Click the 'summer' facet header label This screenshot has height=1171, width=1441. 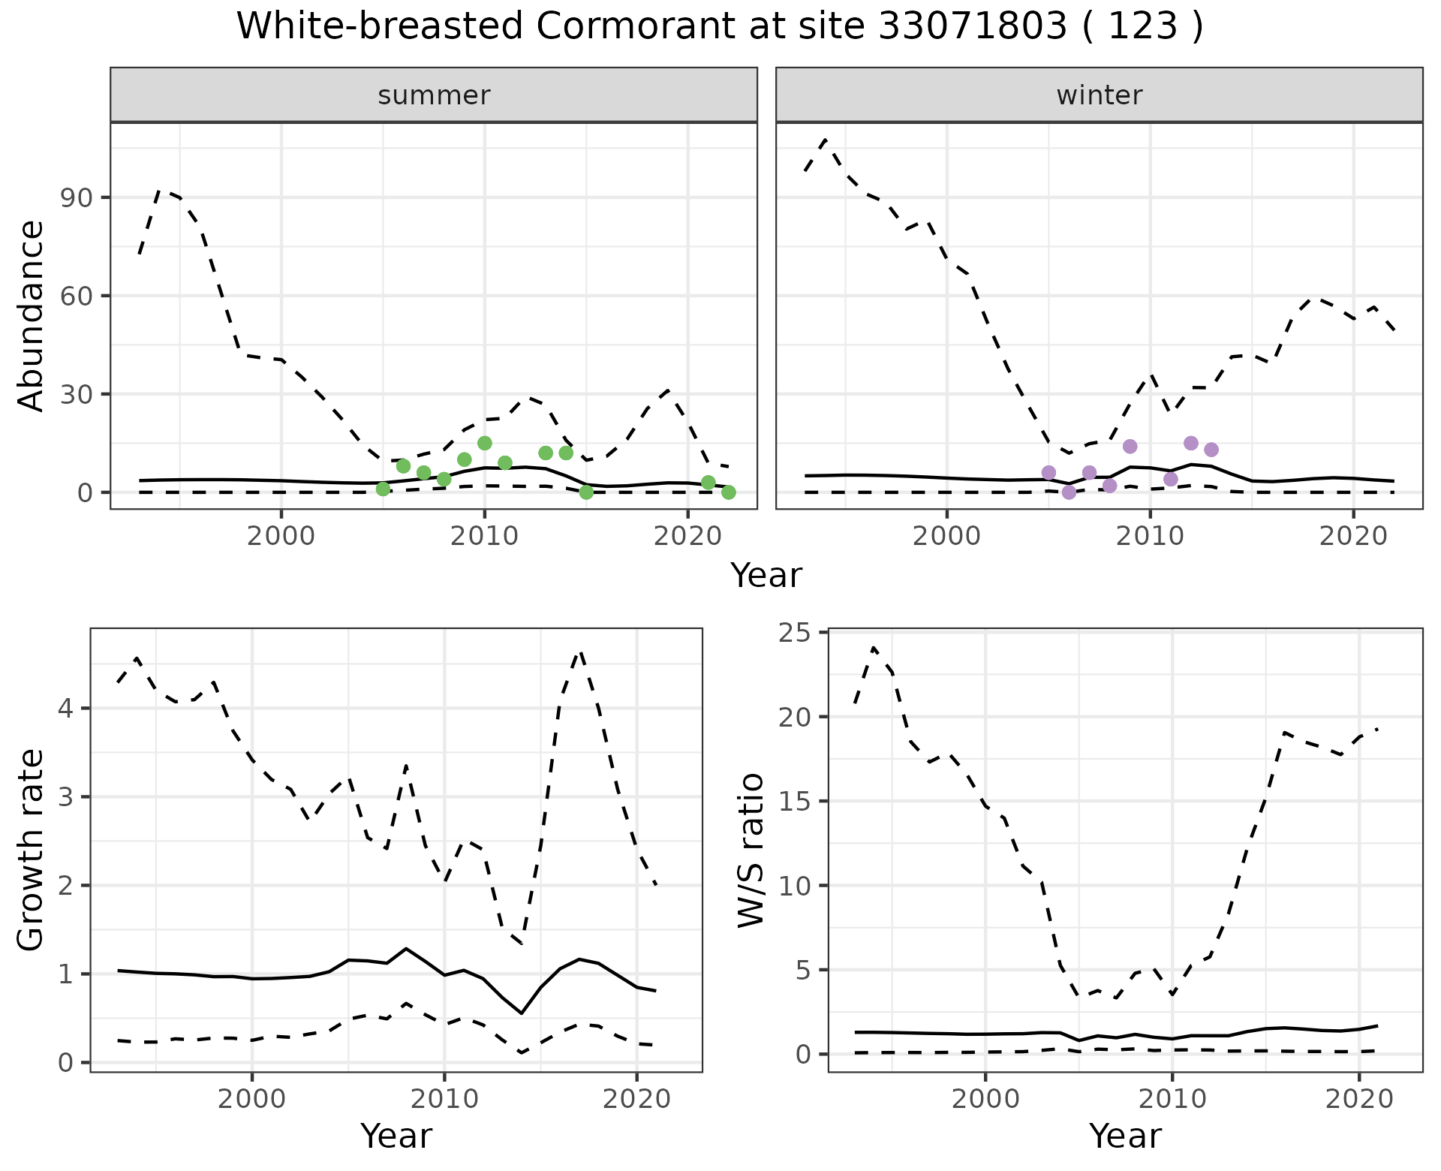pyautogui.click(x=434, y=95)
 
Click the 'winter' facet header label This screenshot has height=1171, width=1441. pyautogui.click(x=1099, y=95)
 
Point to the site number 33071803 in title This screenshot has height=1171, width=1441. pyautogui.click(x=971, y=26)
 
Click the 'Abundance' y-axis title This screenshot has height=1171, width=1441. pyautogui.click(x=32, y=316)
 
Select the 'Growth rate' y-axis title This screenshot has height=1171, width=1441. pyautogui.click(x=32, y=850)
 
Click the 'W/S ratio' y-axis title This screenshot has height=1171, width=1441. pyautogui.click(x=751, y=850)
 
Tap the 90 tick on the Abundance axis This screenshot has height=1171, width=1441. pyautogui.click(x=75, y=197)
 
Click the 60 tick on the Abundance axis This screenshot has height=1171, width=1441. pyautogui.click(x=75, y=296)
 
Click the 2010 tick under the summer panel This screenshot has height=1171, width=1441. pyautogui.click(x=484, y=536)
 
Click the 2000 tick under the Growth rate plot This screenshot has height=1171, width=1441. pyautogui.click(x=252, y=1100)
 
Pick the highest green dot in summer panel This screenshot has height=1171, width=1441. pyautogui.click(x=485, y=443)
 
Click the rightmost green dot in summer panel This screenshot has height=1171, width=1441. pyautogui.click(x=728, y=492)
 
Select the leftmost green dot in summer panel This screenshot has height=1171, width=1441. pyautogui.click(x=383, y=489)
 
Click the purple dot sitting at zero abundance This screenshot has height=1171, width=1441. pyautogui.click(x=1069, y=492)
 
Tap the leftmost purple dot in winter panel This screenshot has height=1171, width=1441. pyautogui.click(x=1048, y=472)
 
